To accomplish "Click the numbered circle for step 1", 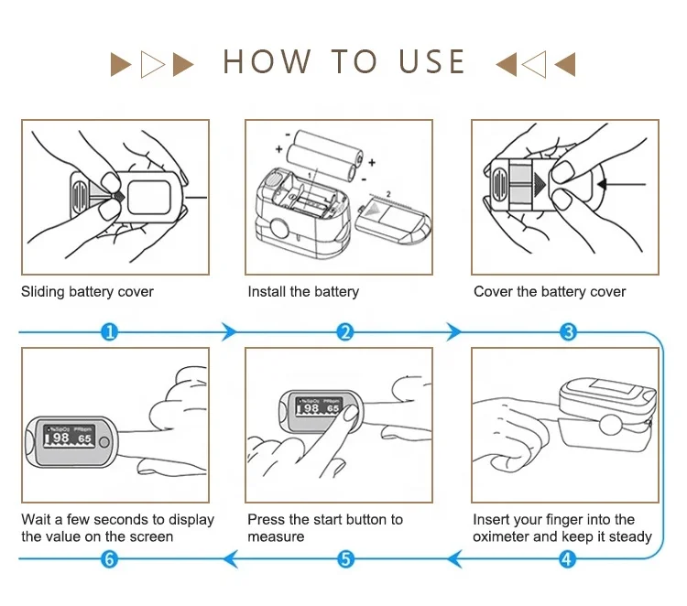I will tap(109, 331).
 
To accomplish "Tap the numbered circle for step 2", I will tap(345, 331).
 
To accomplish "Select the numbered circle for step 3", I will tap(569, 331).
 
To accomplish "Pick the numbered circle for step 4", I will tap(568, 557).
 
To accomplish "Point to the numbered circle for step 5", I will tap(345, 557).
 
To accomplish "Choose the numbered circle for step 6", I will tap(109, 557).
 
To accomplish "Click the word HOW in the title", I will tap(267, 62).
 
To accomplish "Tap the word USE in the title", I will tap(432, 62).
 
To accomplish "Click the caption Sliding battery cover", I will tap(88, 292).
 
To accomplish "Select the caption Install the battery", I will tap(303, 292).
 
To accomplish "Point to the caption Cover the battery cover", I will tap(550, 292).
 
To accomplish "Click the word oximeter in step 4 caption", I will tap(502, 536).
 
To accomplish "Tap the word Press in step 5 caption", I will tap(267, 519).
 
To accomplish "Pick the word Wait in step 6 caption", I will tap(37, 519).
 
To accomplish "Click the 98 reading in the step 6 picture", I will tap(61, 439).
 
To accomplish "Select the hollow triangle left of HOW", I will tap(152, 64).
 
